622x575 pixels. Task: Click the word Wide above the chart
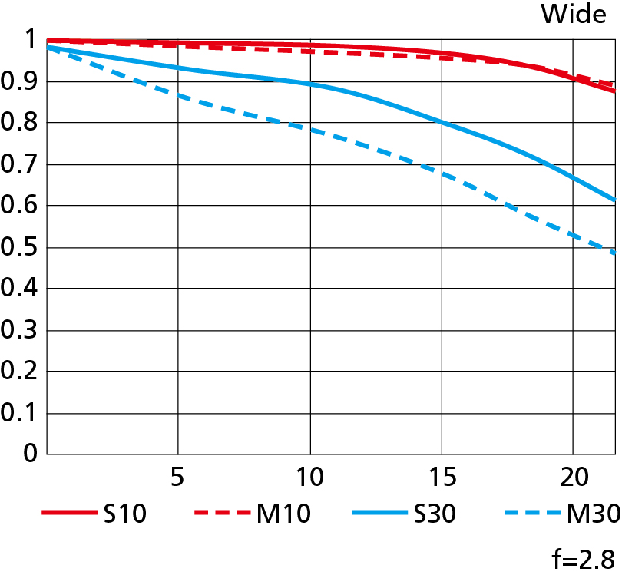point(573,14)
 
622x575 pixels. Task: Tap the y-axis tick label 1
point(30,40)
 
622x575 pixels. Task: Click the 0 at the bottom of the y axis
point(30,453)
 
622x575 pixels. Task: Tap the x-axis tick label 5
point(177,477)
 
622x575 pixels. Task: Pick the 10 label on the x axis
point(309,477)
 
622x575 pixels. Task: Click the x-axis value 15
point(441,477)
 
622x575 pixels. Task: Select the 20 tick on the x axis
point(572,477)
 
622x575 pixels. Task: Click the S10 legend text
point(124,514)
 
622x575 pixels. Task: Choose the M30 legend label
point(593,514)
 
